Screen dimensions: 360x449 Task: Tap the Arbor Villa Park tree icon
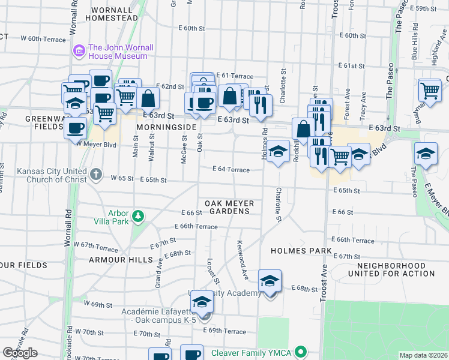(139, 215)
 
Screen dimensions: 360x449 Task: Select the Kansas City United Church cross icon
(95, 175)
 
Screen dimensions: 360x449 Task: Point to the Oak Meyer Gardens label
(227, 207)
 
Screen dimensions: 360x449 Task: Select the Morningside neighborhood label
(166, 128)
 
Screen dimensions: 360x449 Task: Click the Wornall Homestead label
(112, 14)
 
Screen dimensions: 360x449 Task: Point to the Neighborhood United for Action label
(395, 269)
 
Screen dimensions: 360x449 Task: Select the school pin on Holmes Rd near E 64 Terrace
(278, 152)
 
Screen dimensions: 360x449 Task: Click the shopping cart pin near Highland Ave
(430, 91)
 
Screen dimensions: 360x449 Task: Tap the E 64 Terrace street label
(231, 170)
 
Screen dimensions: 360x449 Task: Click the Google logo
(20, 353)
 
